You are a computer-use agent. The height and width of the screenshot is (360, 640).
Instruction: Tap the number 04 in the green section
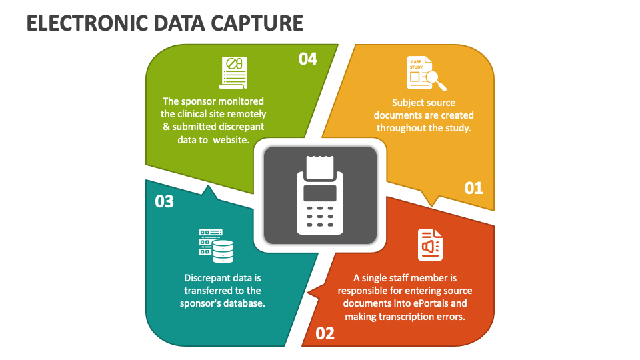[x=307, y=59]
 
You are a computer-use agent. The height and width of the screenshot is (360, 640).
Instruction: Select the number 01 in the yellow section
[x=473, y=188]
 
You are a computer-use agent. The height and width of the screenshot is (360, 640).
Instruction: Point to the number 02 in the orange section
[x=325, y=333]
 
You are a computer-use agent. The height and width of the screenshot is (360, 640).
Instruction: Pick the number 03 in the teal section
[x=164, y=201]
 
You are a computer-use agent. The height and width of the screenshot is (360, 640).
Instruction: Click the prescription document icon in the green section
[x=234, y=72]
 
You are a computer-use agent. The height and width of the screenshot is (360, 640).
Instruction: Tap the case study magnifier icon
[x=426, y=73]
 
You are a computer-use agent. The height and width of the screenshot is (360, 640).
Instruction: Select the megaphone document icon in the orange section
[x=429, y=245]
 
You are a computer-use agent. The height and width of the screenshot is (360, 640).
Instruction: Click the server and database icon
[x=217, y=245]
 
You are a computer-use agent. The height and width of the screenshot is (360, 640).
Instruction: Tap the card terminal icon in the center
[x=320, y=195]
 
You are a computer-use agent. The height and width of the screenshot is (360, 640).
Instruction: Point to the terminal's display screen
[x=320, y=193]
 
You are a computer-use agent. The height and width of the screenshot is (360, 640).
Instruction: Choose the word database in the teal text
[x=244, y=303]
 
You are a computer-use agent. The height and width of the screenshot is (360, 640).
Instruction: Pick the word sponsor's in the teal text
[x=201, y=303]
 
